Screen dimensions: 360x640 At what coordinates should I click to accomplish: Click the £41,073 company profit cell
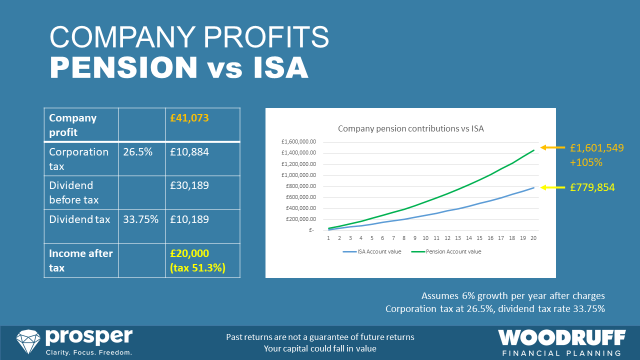tap(189, 118)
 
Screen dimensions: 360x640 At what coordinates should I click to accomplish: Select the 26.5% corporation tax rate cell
tap(137, 152)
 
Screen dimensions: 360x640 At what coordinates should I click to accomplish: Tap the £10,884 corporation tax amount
tap(189, 152)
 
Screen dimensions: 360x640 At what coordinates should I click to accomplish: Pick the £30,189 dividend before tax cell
tap(189, 185)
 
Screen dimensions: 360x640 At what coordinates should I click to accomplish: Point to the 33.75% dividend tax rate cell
tap(141, 219)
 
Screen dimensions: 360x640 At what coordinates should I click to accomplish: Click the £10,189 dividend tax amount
tap(189, 219)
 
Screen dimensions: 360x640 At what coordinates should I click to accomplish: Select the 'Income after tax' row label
tap(80, 260)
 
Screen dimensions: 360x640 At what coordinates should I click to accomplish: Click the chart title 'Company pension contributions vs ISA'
tap(410, 128)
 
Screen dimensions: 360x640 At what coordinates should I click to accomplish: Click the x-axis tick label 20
tap(533, 238)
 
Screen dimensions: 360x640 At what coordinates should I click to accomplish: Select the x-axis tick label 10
tap(425, 238)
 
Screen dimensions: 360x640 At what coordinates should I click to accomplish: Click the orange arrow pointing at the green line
tap(552, 148)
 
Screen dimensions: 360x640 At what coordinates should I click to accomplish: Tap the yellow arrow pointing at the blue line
tap(552, 187)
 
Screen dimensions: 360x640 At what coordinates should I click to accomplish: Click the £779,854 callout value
tap(592, 187)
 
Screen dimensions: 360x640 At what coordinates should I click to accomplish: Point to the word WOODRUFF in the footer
tap(561, 338)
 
